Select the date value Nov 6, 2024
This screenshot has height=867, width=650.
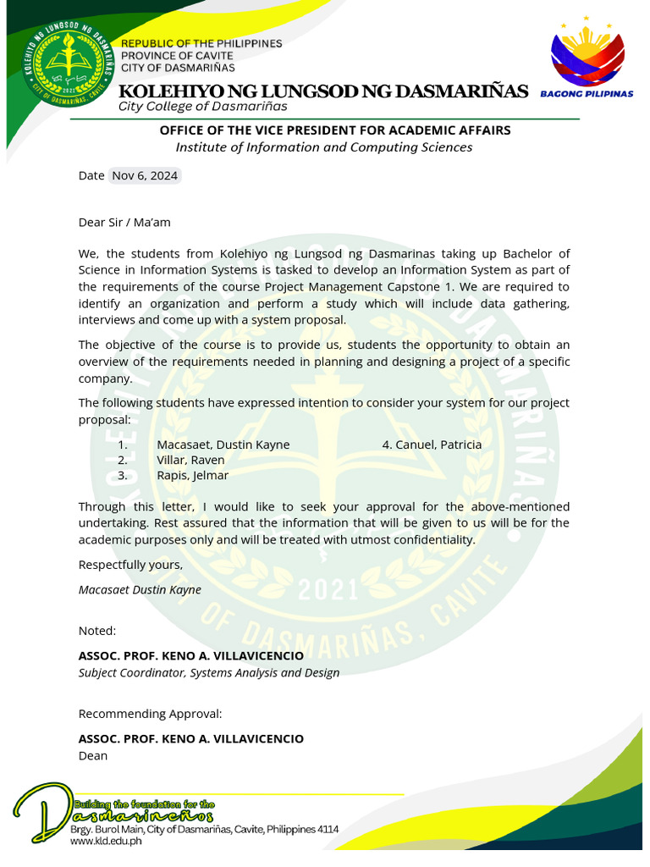pyautogui.click(x=144, y=176)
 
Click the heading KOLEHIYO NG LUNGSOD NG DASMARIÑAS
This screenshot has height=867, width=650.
pyautogui.click(x=323, y=91)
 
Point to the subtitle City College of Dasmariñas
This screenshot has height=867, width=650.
pyautogui.click(x=202, y=107)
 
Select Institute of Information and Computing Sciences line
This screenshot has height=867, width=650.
pyautogui.click(x=323, y=147)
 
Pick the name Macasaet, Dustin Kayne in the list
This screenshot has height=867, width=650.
pyautogui.click(x=223, y=445)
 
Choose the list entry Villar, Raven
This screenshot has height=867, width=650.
pyautogui.click(x=190, y=460)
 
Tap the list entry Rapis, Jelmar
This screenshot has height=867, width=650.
pyautogui.click(x=192, y=475)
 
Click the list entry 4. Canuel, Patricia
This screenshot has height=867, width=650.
pyautogui.click(x=432, y=445)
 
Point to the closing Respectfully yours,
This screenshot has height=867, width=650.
pyautogui.click(x=130, y=565)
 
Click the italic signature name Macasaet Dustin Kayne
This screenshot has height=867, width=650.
pyautogui.click(x=140, y=589)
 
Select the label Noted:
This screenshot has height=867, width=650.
pyautogui.click(x=97, y=631)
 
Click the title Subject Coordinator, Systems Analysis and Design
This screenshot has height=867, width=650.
pyautogui.click(x=208, y=673)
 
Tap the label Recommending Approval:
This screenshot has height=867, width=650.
pyautogui.click(x=150, y=714)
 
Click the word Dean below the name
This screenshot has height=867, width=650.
pyautogui.click(x=93, y=755)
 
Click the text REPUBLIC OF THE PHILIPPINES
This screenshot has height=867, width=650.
pyautogui.click(x=201, y=43)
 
